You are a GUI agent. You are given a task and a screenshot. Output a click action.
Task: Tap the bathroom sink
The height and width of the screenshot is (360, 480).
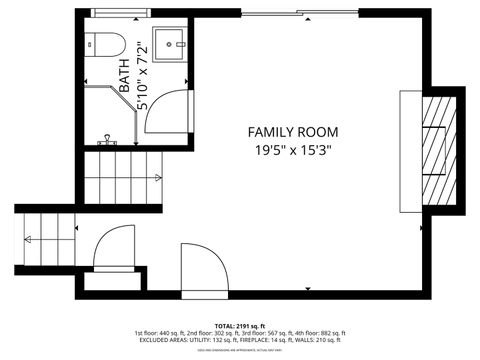[x=169, y=44]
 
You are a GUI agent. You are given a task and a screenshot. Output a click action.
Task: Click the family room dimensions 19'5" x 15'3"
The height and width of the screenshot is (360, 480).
[x=293, y=150]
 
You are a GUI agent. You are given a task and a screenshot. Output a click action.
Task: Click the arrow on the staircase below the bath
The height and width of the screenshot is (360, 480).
[x=157, y=178]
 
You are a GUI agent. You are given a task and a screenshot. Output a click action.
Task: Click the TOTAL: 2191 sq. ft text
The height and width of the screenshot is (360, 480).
[x=239, y=326]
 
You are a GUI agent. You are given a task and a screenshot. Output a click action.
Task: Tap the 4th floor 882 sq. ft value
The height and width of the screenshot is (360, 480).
[x=324, y=333]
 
